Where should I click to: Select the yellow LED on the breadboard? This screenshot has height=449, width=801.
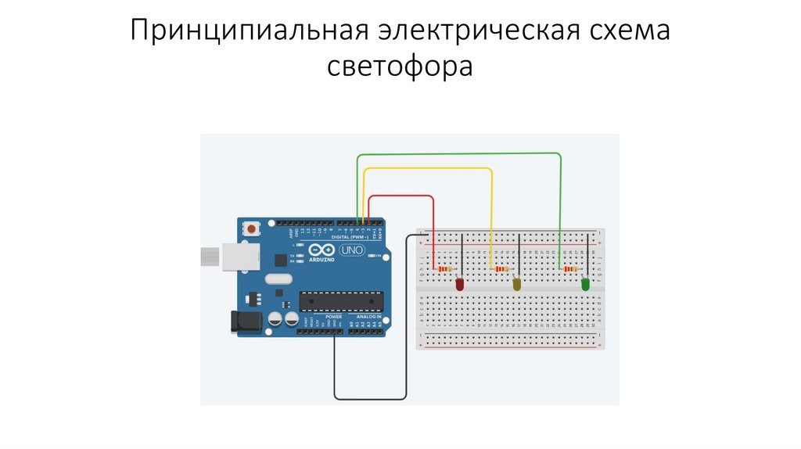pyautogui.click(x=517, y=284)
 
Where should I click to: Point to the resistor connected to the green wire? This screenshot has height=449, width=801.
pyautogui.click(x=569, y=269)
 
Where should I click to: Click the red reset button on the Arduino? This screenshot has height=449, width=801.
pyautogui.click(x=253, y=229)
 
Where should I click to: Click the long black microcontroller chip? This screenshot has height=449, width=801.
pyautogui.click(x=342, y=300)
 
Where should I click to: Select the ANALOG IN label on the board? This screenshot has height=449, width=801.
pyautogui.click(x=368, y=315)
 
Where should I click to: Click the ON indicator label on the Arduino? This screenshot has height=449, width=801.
pyautogui.click(x=379, y=256)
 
